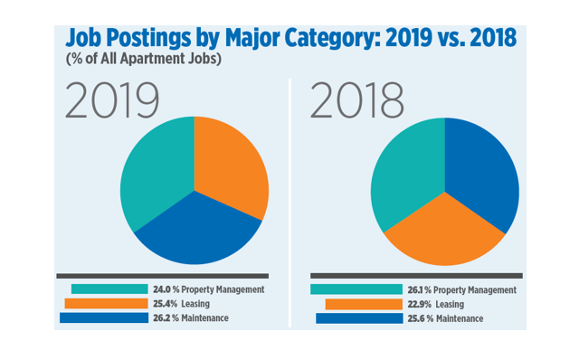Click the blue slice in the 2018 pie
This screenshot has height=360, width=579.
coord(484,181)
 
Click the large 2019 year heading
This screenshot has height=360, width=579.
coord(112,102)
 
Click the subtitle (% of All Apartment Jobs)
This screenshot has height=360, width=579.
coord(144,60)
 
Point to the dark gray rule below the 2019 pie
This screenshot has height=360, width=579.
coord(162,275)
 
